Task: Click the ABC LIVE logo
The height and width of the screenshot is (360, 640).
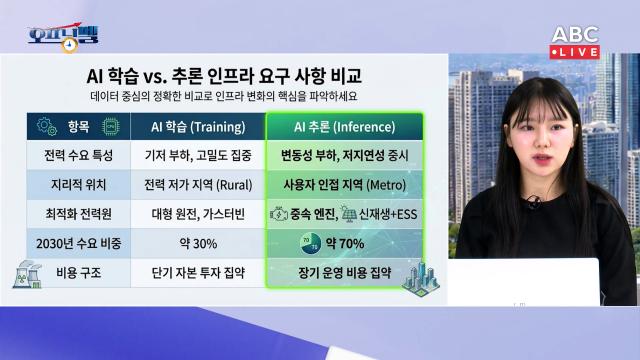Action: [574, 41]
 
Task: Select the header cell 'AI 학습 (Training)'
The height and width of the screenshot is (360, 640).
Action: [198, 127]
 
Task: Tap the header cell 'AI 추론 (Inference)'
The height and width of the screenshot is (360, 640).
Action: [343, 127]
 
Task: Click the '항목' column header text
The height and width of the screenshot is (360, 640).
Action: [76, 127]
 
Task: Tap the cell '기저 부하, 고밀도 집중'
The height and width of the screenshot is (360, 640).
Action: [198, 157]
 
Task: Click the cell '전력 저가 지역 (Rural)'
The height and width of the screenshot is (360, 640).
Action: [198, 186]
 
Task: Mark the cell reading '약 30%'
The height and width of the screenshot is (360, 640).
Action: [198, 242]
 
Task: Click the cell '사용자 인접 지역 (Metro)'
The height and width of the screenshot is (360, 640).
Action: [343, 186]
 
